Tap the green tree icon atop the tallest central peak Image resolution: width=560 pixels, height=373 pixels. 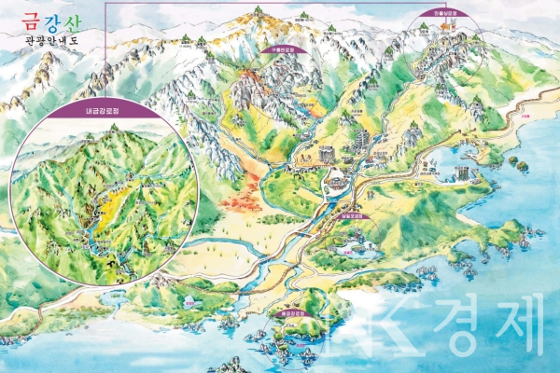(x=258, y=11)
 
